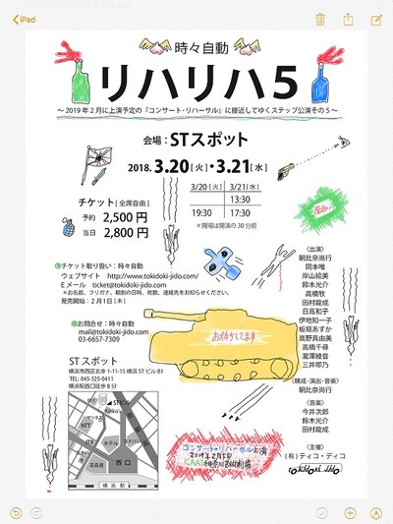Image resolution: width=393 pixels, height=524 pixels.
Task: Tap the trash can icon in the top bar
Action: coord(320,19)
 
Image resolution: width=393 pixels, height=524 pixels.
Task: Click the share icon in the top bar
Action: coord(348,19)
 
